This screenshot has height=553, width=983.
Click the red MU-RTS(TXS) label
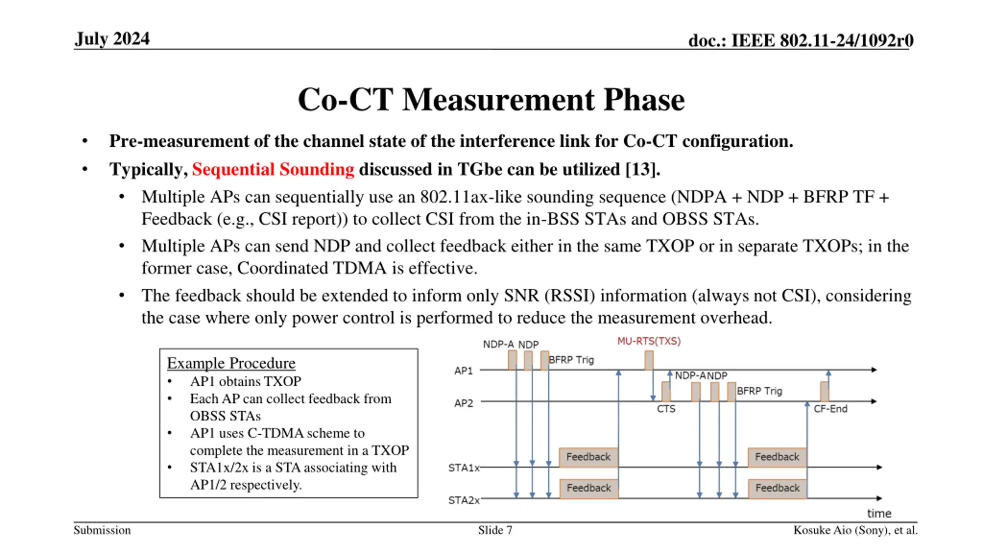click(x=649, y=341)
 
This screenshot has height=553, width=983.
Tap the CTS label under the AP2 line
click(x=666, y=409)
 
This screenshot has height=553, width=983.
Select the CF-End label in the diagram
click(x=830, y=409)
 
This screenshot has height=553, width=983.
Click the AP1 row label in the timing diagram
click(x=463, y=371)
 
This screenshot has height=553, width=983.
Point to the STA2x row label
click(x=464, y=500)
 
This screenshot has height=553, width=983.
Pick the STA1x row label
click(x=464, y=468)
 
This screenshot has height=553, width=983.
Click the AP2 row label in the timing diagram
click(x=463, y=403)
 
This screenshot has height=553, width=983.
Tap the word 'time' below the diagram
click(x=879, y=513)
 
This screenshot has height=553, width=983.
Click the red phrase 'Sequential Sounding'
click(x=273, y=169)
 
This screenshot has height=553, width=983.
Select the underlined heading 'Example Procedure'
click(x=231, y=363)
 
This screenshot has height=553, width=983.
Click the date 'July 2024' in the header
click(x=112, y=39)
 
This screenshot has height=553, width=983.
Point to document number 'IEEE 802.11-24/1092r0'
click(x=822, y=40)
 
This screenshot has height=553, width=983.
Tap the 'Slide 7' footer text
click(x=495, y=530)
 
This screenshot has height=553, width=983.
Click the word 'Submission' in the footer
click(x=102, y=530)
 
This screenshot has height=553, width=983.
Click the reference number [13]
click(x=640, y=169)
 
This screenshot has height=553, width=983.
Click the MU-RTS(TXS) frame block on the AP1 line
click(x=649, y=360)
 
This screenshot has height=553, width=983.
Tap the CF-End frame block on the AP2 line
click(x=824, y=391)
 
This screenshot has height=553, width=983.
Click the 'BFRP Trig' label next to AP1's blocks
click(x=571, y=360)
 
